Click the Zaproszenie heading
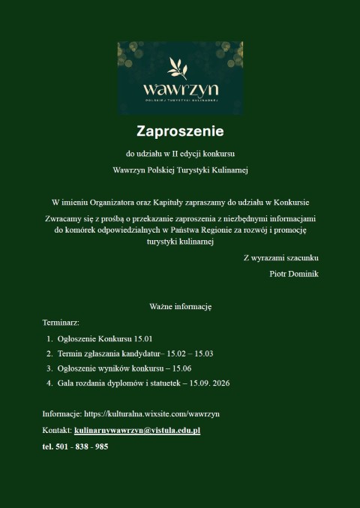coord(180,131)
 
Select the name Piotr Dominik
coord(293,274)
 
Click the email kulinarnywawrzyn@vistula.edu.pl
coord(137,431)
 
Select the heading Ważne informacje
coord(180,307)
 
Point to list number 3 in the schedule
coord(49,368)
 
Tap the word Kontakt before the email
coord(56,431)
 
